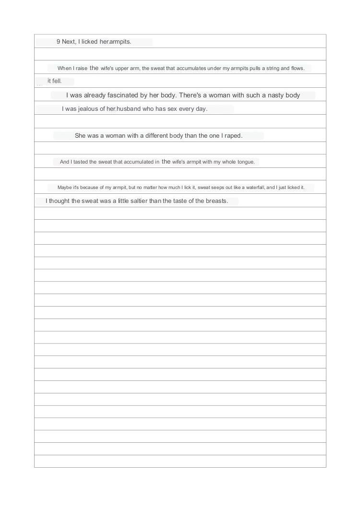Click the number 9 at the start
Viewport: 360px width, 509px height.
pyautogui.click(x=58, y=42)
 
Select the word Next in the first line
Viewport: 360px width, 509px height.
pyautogui.click(x=69, y=42)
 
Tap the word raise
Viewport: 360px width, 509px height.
pyautogui.click(x=81, y=69)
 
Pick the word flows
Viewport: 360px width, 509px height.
pyautogui.click(x=298, y=69)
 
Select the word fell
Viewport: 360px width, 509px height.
pyautogui.click(x=57, y=81)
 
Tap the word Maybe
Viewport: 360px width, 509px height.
pyautogui.click(x=65, y=188)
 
